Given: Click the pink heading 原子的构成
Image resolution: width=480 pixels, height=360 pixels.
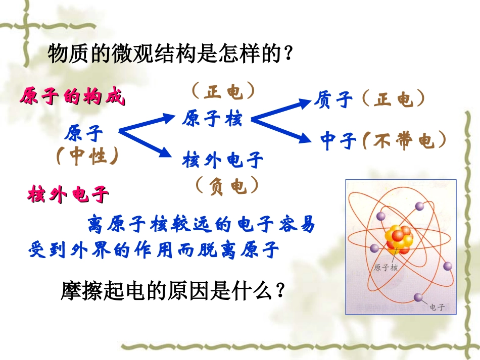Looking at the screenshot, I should tap(72, 97).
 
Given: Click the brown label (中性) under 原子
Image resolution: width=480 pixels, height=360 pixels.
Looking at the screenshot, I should tap(87, 157).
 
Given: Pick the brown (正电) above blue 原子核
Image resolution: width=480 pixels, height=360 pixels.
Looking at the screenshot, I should tap(223, 92).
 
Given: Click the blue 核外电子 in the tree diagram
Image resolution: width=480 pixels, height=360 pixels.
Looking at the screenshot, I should tap(223, 161).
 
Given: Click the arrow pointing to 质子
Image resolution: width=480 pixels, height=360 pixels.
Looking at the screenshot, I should tap(281, 111).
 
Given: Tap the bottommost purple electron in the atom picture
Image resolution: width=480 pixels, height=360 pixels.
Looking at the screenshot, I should tap(418, 297).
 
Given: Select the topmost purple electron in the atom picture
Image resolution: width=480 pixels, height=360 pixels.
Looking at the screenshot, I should tap(418, 205).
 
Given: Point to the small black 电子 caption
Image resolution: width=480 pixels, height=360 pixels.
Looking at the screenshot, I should tap(437, 307).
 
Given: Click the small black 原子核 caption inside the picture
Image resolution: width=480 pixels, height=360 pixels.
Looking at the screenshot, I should tap(386, 268).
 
